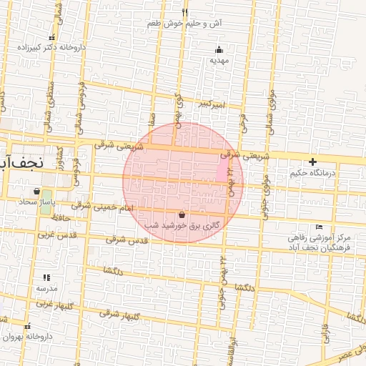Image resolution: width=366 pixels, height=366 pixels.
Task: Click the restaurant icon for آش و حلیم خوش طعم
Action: point(185,12)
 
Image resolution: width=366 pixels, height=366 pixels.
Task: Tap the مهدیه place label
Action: point(218,61)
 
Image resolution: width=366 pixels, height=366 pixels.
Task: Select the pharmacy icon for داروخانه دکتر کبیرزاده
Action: point(51,37)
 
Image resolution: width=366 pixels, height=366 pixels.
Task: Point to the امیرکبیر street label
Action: point(212,105)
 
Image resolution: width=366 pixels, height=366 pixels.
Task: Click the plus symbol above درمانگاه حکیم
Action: point(312,162)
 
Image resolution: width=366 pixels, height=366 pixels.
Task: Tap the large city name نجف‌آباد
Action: point(21,162)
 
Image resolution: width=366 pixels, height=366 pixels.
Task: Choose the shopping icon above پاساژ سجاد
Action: point(36,191)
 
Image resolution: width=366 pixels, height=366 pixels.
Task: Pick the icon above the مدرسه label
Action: point(46,277)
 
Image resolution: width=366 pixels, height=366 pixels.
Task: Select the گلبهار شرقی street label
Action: point(119,314)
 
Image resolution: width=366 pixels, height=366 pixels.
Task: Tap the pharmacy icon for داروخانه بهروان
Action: point(28,326)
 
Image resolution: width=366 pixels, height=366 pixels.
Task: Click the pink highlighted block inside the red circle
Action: point(222,169)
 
